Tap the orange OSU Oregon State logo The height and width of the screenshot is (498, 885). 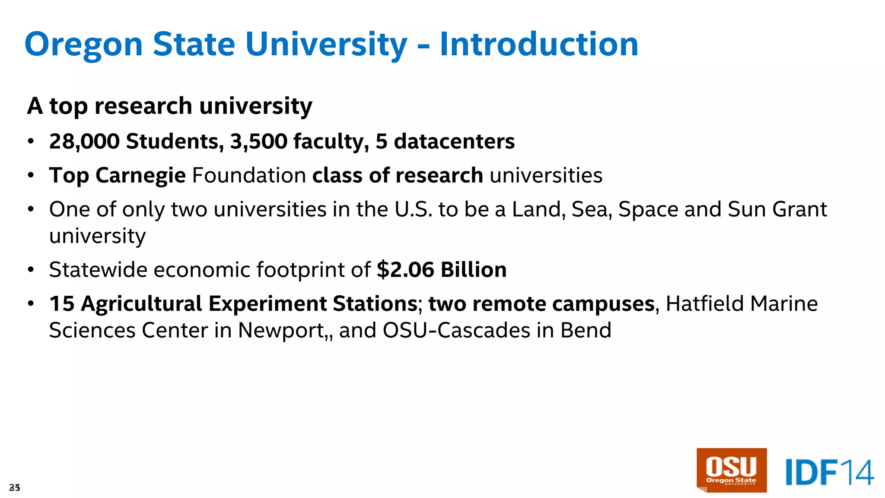coord(731,470)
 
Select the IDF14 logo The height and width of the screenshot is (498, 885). coord(829,472)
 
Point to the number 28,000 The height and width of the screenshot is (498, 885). coord(84,141)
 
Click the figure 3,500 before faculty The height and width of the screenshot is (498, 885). coord(258,141)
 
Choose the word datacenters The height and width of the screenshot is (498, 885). coord(454,141)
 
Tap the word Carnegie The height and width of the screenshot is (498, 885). coord(140,176)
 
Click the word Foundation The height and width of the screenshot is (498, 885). coord(249,176)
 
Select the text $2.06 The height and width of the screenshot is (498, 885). coord(405,270)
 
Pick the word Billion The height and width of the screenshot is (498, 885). coord(474,270)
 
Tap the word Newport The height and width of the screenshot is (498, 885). coord(281,330)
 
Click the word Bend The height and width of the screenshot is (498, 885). coord(586,330)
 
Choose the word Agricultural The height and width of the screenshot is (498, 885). coord(141,304)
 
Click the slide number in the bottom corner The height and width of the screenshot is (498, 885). coord(14,488)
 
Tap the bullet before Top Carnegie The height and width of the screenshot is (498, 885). coord(31,176)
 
